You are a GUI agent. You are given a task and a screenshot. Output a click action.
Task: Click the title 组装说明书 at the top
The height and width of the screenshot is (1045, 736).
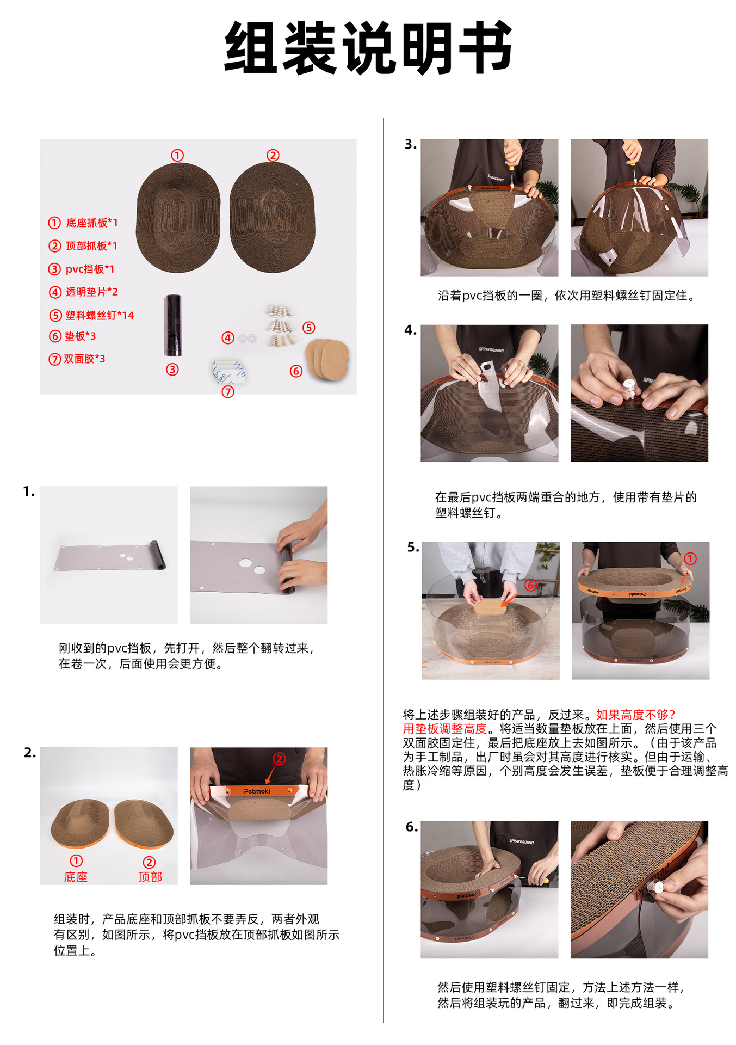click(368, 48)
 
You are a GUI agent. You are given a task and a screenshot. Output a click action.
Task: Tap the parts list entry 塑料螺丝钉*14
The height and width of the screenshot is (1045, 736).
click(91, 315)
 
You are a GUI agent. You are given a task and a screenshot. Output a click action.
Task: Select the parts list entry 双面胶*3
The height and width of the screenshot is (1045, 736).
click(77, 359)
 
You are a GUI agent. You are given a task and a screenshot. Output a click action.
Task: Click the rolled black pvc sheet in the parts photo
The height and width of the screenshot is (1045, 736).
click(173, 325)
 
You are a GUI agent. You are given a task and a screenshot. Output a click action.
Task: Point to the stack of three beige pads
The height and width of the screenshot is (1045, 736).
click(327, 359)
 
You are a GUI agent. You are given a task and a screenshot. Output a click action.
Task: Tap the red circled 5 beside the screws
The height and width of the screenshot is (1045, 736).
click(309, 328)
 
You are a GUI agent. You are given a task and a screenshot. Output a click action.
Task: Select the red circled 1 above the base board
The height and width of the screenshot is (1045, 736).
click(177, 156)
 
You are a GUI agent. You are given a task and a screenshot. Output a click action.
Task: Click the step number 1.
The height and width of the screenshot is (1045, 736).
click(29, 492)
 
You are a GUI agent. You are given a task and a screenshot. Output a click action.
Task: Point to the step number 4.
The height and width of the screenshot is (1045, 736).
click(411, 330)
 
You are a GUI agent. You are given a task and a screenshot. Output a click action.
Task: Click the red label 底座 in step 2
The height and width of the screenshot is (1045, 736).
click(76, 877)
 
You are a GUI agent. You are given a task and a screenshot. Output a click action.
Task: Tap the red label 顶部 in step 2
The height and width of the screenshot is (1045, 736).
click(150, 877)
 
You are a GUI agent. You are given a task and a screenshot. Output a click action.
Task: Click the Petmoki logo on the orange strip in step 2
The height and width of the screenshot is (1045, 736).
click(257, 791)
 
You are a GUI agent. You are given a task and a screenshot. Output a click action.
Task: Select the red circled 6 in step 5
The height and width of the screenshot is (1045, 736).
click(530, 585)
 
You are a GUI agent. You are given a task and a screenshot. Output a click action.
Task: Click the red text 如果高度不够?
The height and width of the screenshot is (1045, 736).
click(636, 715)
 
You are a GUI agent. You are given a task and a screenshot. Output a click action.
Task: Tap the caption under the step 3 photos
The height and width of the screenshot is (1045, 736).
click(567, 296)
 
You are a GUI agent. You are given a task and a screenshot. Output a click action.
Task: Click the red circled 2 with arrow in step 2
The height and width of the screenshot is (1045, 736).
click(279, 759)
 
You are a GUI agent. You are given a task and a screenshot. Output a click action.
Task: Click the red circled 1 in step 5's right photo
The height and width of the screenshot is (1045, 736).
click(690, 559)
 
